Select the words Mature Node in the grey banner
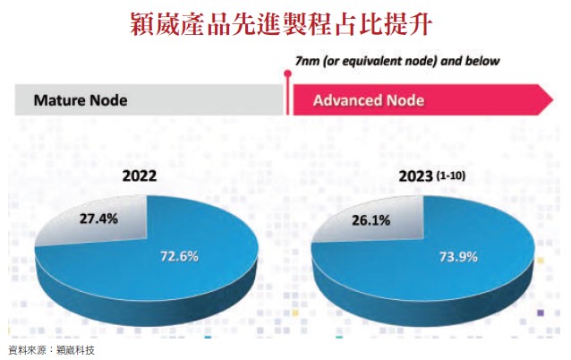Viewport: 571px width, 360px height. tap(80, 99)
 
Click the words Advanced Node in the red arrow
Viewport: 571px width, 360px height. tap(368, 99)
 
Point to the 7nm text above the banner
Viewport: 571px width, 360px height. tap(307, 61)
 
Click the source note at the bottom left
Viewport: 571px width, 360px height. tap(50, 349)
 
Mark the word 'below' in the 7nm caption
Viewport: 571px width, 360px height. tap(482, 61)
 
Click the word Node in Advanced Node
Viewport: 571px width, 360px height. tap(404, 99)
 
